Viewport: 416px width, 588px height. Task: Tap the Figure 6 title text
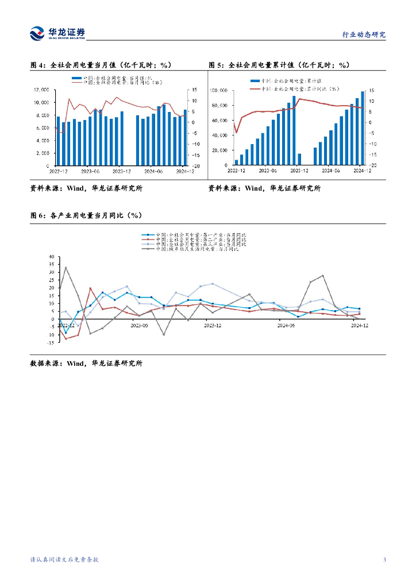coord(86,215)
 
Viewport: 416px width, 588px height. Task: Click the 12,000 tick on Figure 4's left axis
coord(41,90)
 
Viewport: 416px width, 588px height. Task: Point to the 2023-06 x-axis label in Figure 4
coord(90,171)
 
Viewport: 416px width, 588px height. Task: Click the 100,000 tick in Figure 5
coord(219,91)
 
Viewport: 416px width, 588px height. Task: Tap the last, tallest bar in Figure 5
coord(363,127)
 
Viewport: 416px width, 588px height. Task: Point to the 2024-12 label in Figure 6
coord(360,325)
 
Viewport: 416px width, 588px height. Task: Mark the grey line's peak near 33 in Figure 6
coord(66,268)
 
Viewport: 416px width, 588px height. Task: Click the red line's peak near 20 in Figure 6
coord(90,288)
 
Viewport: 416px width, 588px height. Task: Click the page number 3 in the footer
coord(384,560)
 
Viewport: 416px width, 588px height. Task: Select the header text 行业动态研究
coord(364,34)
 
